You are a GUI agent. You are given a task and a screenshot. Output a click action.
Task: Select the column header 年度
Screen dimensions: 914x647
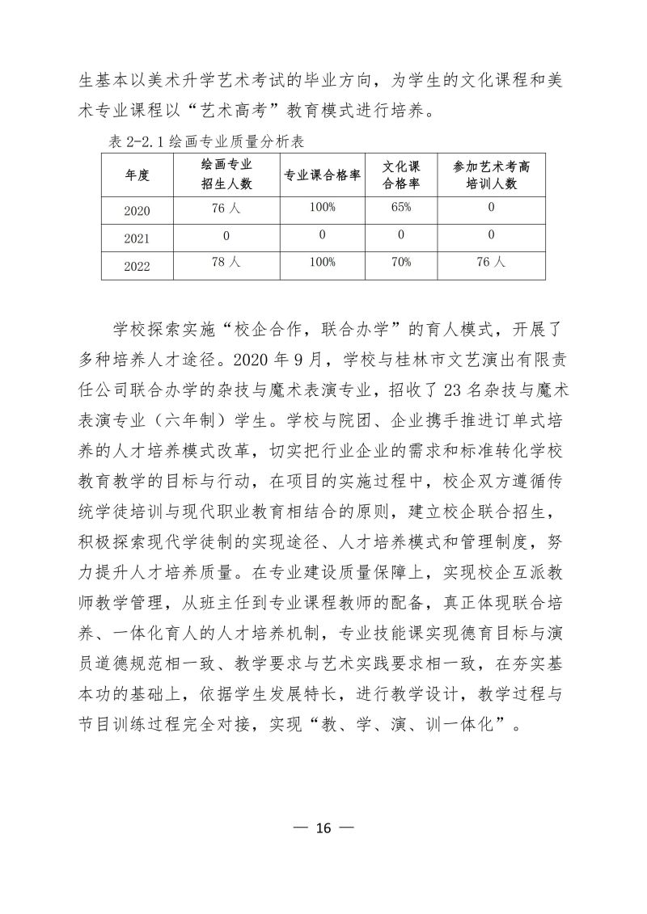(137, 175)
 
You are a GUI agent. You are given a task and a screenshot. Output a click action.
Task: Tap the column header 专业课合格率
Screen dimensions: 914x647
(322, 175)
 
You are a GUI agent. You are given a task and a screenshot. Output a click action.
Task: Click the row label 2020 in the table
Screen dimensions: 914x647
(137, 211)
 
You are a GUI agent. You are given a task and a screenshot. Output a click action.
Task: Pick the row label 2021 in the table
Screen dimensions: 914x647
(137, 239)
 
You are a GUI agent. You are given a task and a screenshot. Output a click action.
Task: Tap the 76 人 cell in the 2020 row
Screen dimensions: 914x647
(226, 208)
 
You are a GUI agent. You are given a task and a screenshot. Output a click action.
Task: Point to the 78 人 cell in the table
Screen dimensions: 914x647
(226, 263)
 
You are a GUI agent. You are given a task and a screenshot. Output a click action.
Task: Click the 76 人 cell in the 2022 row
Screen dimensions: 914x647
(491, 263)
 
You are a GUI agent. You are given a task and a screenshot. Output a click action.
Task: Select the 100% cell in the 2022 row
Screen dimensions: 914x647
(322, 263)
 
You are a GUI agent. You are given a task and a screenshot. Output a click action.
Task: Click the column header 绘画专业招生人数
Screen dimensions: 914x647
(226, 175)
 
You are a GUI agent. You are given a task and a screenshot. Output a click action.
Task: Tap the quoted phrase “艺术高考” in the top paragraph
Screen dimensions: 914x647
(239, 109)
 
